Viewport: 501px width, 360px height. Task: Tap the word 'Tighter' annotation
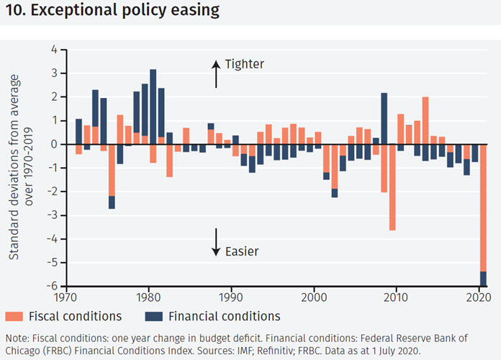click(x=245, y=63)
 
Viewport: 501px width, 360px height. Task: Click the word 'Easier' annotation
click(x=242, y=251)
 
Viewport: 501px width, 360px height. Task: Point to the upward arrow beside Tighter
click(x=215, y=72)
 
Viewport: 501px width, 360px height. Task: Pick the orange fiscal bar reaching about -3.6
click(x=392, y=187)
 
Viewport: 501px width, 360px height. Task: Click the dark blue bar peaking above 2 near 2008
click(x=384, y=118)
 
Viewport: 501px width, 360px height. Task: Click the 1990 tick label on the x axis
click(x=231, y=297)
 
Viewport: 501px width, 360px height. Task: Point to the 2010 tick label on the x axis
click(x=397, y=297)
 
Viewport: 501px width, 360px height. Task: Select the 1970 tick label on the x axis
click(x=66, y=297)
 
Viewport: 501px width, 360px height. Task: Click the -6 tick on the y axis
click(x=53, y=286)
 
